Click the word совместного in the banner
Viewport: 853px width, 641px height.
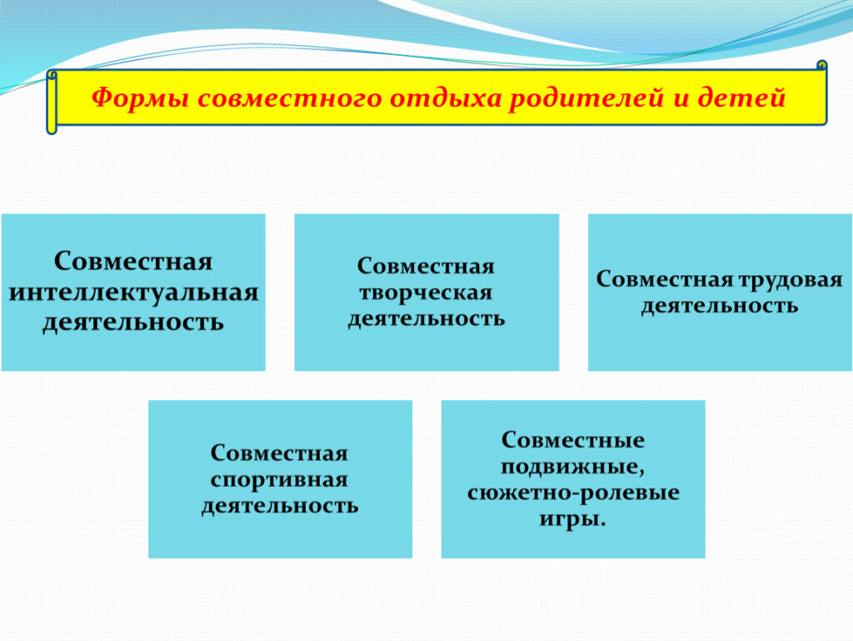point(289,98)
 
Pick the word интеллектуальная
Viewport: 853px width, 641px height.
point(134,293)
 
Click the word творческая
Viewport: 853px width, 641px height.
point(426,293)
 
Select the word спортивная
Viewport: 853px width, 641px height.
point(279,480)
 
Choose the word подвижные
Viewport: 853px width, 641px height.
point(573,467)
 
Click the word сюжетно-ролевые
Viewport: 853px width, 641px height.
point(573,493)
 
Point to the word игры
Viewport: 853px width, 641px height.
point(573,518)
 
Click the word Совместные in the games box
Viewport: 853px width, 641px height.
point(573,439)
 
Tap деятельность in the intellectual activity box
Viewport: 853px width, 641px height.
point(133,322)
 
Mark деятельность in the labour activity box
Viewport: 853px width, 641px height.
point(719,306)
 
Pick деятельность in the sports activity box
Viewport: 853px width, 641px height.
point(280,506)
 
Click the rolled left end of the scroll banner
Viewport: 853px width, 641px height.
point(52,102)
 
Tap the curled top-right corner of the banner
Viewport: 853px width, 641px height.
point(822,66)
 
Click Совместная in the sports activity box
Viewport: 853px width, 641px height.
point(279,453)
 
